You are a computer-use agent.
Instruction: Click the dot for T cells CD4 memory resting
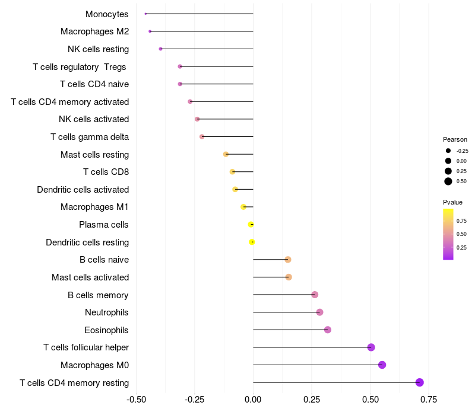[420, 382]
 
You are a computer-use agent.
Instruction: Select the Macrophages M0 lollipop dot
[382, 365]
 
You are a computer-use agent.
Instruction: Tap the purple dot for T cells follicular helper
[371, 347]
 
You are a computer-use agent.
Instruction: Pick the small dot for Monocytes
[145, 14]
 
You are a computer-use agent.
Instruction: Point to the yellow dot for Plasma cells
[251, 225]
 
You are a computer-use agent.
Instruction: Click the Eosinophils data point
[327, 330]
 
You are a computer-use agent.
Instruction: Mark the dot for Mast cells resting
[226, 154]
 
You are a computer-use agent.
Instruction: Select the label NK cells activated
[94, 119]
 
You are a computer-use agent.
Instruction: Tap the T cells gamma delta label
[90, 137]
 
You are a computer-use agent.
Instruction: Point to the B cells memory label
[98, 295]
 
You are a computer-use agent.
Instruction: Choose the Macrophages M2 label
[94, 31]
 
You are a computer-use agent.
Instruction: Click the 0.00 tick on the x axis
[253, 398]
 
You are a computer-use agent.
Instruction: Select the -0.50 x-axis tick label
[137, 398]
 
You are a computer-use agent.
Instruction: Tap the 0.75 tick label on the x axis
[428, 398]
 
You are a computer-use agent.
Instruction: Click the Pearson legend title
[455, 139]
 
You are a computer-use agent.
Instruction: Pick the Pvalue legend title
[452, 202]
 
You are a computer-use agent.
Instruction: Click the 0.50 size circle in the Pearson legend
[448, 181]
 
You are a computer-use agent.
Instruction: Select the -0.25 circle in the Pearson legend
[448, 151]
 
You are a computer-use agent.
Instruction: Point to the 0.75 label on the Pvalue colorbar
[461, 221]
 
